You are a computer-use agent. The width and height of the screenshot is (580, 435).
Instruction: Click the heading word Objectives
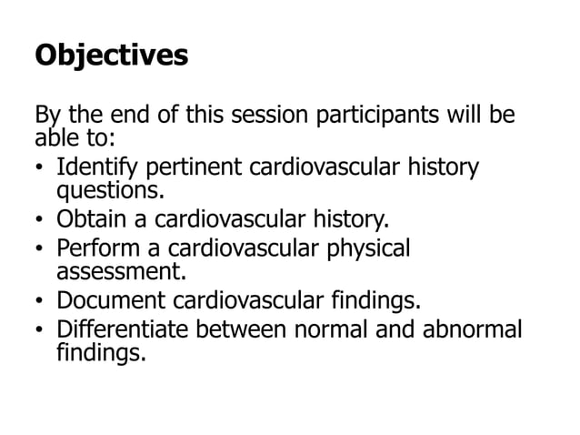click(111, 56)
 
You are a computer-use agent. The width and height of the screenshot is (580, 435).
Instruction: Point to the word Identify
click(97, 169)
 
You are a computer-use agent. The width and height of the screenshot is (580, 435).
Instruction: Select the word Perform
click(95, 248)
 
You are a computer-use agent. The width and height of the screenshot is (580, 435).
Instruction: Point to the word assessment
click(117, 270)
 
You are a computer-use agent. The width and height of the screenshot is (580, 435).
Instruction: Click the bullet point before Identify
click(40, 170)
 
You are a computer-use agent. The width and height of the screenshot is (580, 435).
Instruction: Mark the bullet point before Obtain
click(40, 221)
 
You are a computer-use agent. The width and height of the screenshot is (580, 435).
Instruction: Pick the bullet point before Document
click(40, 300)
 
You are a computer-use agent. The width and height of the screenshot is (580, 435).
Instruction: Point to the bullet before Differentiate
click(40, 329)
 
